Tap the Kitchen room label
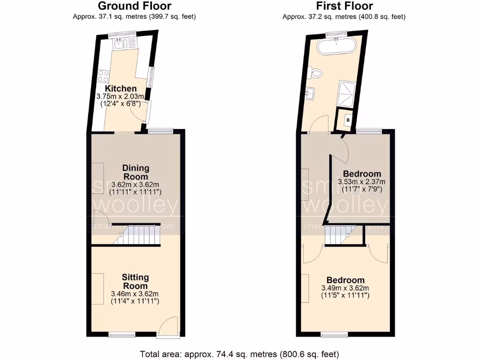pyautogui.click(x=121, y=89)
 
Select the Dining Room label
pyautogui.click(x=135, y=172)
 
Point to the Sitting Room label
pyautogui.click(x=135, y=281)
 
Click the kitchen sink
pyautogui.click(x=121, y=44)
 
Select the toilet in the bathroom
pyautogui.click(x=316, y=73)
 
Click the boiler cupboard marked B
pyautogui.click(x=347, y=120)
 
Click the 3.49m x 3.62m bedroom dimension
pyautogui.click(x=345, y=288)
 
